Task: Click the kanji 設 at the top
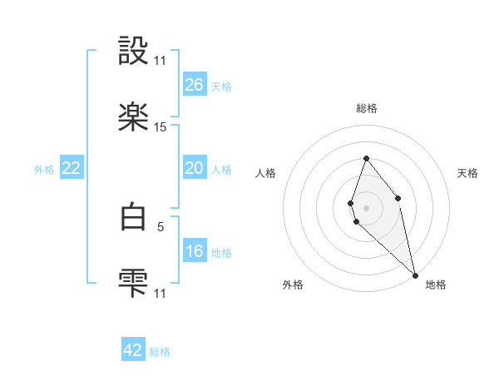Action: coord(133,52)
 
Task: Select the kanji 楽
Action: coord(133,117)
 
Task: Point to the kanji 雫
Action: coord(133,283)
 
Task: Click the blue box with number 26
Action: coord(194,85)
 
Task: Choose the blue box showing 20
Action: coord(194,168)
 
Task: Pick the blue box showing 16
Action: coord(194,251)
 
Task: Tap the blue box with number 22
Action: coord(72,168)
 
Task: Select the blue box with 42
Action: coord(133,350)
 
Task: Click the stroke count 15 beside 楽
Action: coord(161,127)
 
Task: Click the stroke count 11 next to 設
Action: coord(161,61)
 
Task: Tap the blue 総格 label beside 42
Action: coord(160,352)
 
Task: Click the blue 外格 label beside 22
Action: coord(44,170)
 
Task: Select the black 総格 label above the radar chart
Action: coord(366,108)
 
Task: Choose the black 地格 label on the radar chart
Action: coord(436,285)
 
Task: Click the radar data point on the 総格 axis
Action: coord(366,158)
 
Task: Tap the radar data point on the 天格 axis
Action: coord(398,198)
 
